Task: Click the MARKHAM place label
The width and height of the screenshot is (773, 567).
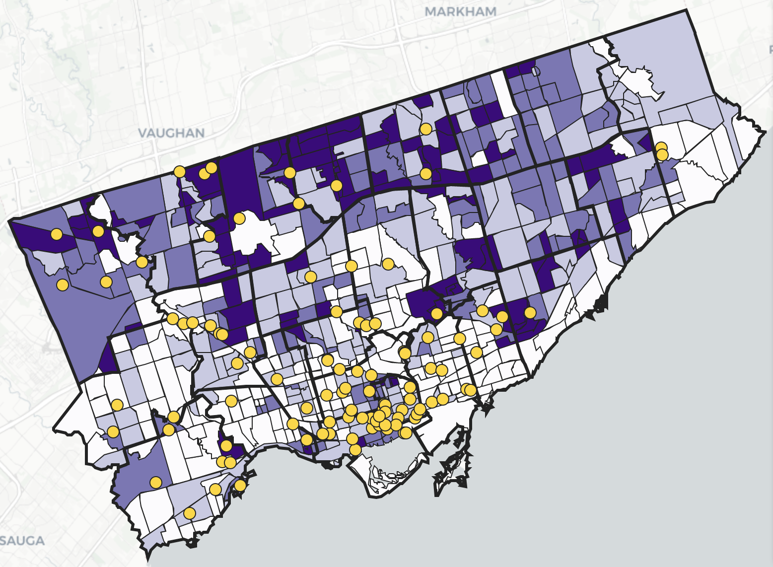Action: [x=461, y=11]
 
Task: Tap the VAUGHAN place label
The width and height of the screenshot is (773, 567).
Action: [x=171, y=133]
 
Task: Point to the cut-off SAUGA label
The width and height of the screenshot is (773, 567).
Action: [x=22, y=541]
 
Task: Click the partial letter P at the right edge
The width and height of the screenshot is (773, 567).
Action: [x=771, y=49]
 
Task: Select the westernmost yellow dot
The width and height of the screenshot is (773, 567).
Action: [x=57, y=234]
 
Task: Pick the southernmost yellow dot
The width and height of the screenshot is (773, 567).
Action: [x=189, y=513]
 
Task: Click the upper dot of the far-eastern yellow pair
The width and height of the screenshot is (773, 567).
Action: [x=661, y=147]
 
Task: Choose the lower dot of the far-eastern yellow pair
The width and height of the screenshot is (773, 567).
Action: [x=662, y=155]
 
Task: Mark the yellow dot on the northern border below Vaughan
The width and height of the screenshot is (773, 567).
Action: [x=180, y=172]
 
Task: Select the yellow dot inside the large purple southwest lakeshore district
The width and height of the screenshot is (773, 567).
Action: [x=156, y=482]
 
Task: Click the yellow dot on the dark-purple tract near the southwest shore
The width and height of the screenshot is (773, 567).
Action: [x=226, y=446]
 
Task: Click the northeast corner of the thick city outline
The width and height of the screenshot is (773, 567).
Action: [x=688, y=10]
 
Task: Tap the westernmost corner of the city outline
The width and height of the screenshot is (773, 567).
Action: [x=9, y=220]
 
